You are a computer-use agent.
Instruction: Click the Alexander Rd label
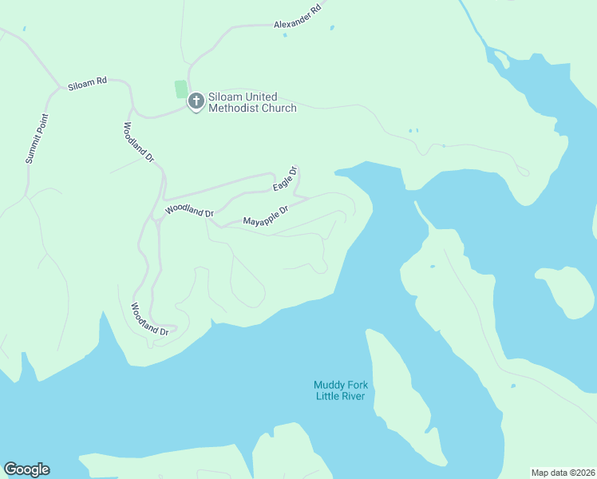297,17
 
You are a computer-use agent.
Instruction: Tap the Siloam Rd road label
87,82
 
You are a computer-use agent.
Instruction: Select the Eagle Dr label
285,179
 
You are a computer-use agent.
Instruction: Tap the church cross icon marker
196,101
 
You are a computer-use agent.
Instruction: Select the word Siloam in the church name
225,97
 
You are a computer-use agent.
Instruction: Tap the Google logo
26,469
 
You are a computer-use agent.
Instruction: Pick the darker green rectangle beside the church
181,89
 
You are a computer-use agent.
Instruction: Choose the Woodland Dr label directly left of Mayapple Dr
189,212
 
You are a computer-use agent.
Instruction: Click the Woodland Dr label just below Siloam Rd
137,142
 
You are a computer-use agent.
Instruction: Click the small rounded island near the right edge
566,291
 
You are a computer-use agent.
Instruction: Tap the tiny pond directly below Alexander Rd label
285,34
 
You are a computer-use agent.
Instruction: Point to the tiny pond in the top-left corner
24,30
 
